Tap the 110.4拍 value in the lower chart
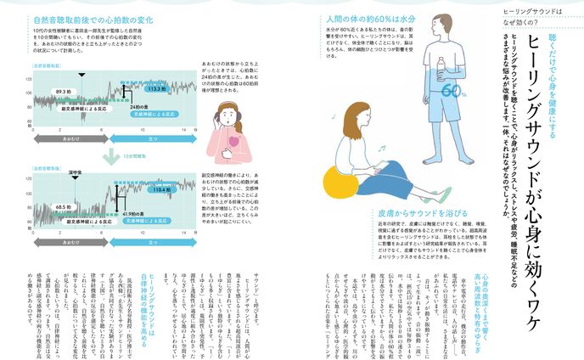click(x=163, y=190)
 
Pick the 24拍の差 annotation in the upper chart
click(x=128, y=105)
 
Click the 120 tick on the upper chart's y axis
click(x=29, y=79)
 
